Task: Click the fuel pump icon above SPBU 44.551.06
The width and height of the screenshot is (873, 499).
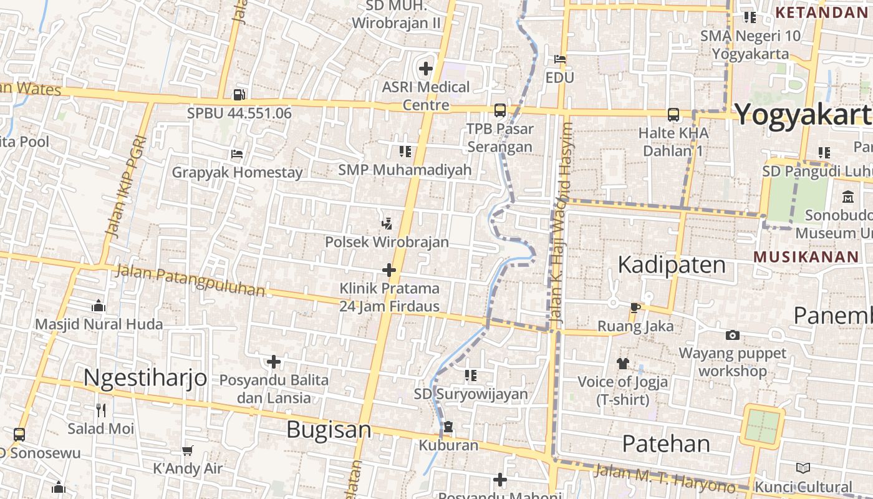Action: click(x=239, y=95)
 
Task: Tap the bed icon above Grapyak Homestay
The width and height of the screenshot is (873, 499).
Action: click(x=236, y=153)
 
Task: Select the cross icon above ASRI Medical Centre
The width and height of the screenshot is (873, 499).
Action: click(x=426, y=68)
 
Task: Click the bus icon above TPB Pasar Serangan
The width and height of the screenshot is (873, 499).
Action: click(x=499, y=110)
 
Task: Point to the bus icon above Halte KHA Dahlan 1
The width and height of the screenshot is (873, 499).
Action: click(x=673, y=115)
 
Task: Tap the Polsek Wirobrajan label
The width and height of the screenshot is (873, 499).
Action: click(x=387, y=242)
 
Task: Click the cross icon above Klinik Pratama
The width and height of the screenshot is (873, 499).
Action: click(x=389, y=270)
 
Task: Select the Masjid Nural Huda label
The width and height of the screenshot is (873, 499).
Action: click(x=99, y=324)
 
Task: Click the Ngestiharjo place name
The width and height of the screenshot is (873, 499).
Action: click(x=145, y=377)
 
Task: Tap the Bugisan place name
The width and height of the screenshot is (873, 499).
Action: click(x=329, y=430)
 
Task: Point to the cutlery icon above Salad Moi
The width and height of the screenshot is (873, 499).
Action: click(x=101, y=410)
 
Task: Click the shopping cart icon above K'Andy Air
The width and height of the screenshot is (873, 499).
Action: click(x=187, y=450)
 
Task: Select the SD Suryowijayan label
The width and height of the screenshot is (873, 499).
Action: click(x=471, y=394)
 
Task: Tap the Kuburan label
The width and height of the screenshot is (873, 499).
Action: click(x=448, y=445)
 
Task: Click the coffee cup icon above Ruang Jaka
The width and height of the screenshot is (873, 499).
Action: click(x=635, y=308)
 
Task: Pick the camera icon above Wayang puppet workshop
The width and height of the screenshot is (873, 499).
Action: click(x=733, y=336)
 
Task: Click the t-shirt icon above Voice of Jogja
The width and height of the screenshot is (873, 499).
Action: click(x=622, y=363)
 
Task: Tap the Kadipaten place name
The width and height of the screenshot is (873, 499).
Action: click(x=671, y=265)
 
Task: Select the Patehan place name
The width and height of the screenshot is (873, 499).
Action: click(x=666, y=443)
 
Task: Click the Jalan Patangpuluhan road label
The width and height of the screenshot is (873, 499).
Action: click(x=190, y=281)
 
